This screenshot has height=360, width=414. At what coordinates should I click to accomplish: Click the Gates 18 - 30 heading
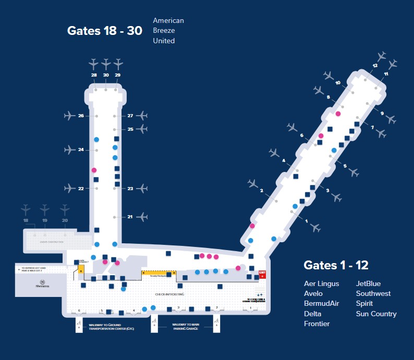click(x=104, y=30)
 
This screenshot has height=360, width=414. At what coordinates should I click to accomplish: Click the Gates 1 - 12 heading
click(x=336, y=265)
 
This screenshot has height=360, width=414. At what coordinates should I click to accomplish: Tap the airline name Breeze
click(x=164, y=31)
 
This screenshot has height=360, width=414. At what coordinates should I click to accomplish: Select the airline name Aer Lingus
click(x=321, y=284)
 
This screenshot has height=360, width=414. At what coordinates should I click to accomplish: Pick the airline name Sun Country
click(x=376, y=314)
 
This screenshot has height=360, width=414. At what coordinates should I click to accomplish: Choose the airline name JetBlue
click(x=368, y=284)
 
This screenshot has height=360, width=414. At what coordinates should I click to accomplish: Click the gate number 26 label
click(x=81, y=116)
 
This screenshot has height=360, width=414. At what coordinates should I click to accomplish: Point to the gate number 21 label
click(x=130, y=217)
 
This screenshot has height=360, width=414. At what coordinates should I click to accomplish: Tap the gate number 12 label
click(x=375, y=66)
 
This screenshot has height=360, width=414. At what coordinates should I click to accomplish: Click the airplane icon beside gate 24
click(x=70, y=150)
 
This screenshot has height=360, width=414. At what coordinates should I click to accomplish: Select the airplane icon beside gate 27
click(x=141, y=116)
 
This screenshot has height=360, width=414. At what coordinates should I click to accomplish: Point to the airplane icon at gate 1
click(x=315, y=228)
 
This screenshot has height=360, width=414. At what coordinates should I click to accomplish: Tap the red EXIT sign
click(x=263, y=275)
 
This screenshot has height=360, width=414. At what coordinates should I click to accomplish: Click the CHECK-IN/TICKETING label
click(x=170, y=294)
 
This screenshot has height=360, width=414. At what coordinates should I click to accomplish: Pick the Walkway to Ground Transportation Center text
click(x=111, y=327)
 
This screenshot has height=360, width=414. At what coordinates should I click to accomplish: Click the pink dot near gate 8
click(x=338, y=114)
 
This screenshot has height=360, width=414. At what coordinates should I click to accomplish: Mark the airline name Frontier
click(x=317, y=324)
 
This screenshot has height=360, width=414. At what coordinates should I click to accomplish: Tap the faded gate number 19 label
click(x=45, y=221)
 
